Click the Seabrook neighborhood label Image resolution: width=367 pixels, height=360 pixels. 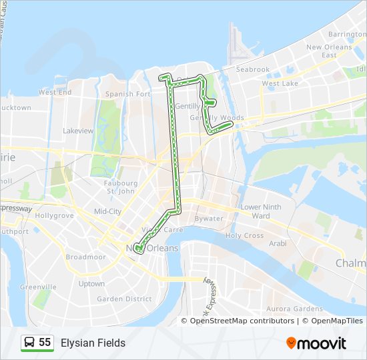click(x=252, y=69)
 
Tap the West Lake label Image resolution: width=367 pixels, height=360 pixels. click(x=280, y=83)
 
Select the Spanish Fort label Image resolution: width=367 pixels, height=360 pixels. click(x=128, y=94)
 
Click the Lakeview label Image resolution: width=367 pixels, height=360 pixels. click(x=78, y=131)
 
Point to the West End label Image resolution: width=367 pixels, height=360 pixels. click(x=55, y=92)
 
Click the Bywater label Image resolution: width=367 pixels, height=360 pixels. click(x=209, y=219)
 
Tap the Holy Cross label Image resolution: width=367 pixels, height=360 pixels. click(x=244, y=235)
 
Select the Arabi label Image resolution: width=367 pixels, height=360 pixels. click(x=277, y=243)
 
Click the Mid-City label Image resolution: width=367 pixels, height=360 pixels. click(x=107, y=211)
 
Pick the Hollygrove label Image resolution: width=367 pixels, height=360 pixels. click(x=53, y=215)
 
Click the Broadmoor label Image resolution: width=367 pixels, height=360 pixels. click(x=86, y=257)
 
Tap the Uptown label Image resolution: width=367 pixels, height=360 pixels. click(x=91, y=283)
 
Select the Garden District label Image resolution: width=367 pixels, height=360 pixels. click(x=124, y=299)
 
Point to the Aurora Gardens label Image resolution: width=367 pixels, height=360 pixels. click(x=294, y=309)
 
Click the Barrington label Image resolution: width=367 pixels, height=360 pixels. click(x=347, y=34)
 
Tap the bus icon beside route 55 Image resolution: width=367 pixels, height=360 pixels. click(x=29, y=343)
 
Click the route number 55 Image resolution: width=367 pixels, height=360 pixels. click(x=45, y=343)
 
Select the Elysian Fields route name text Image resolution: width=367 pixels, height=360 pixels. click(x=93, y=343)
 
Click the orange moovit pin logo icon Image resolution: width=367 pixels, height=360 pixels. click(x=291, y=343)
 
